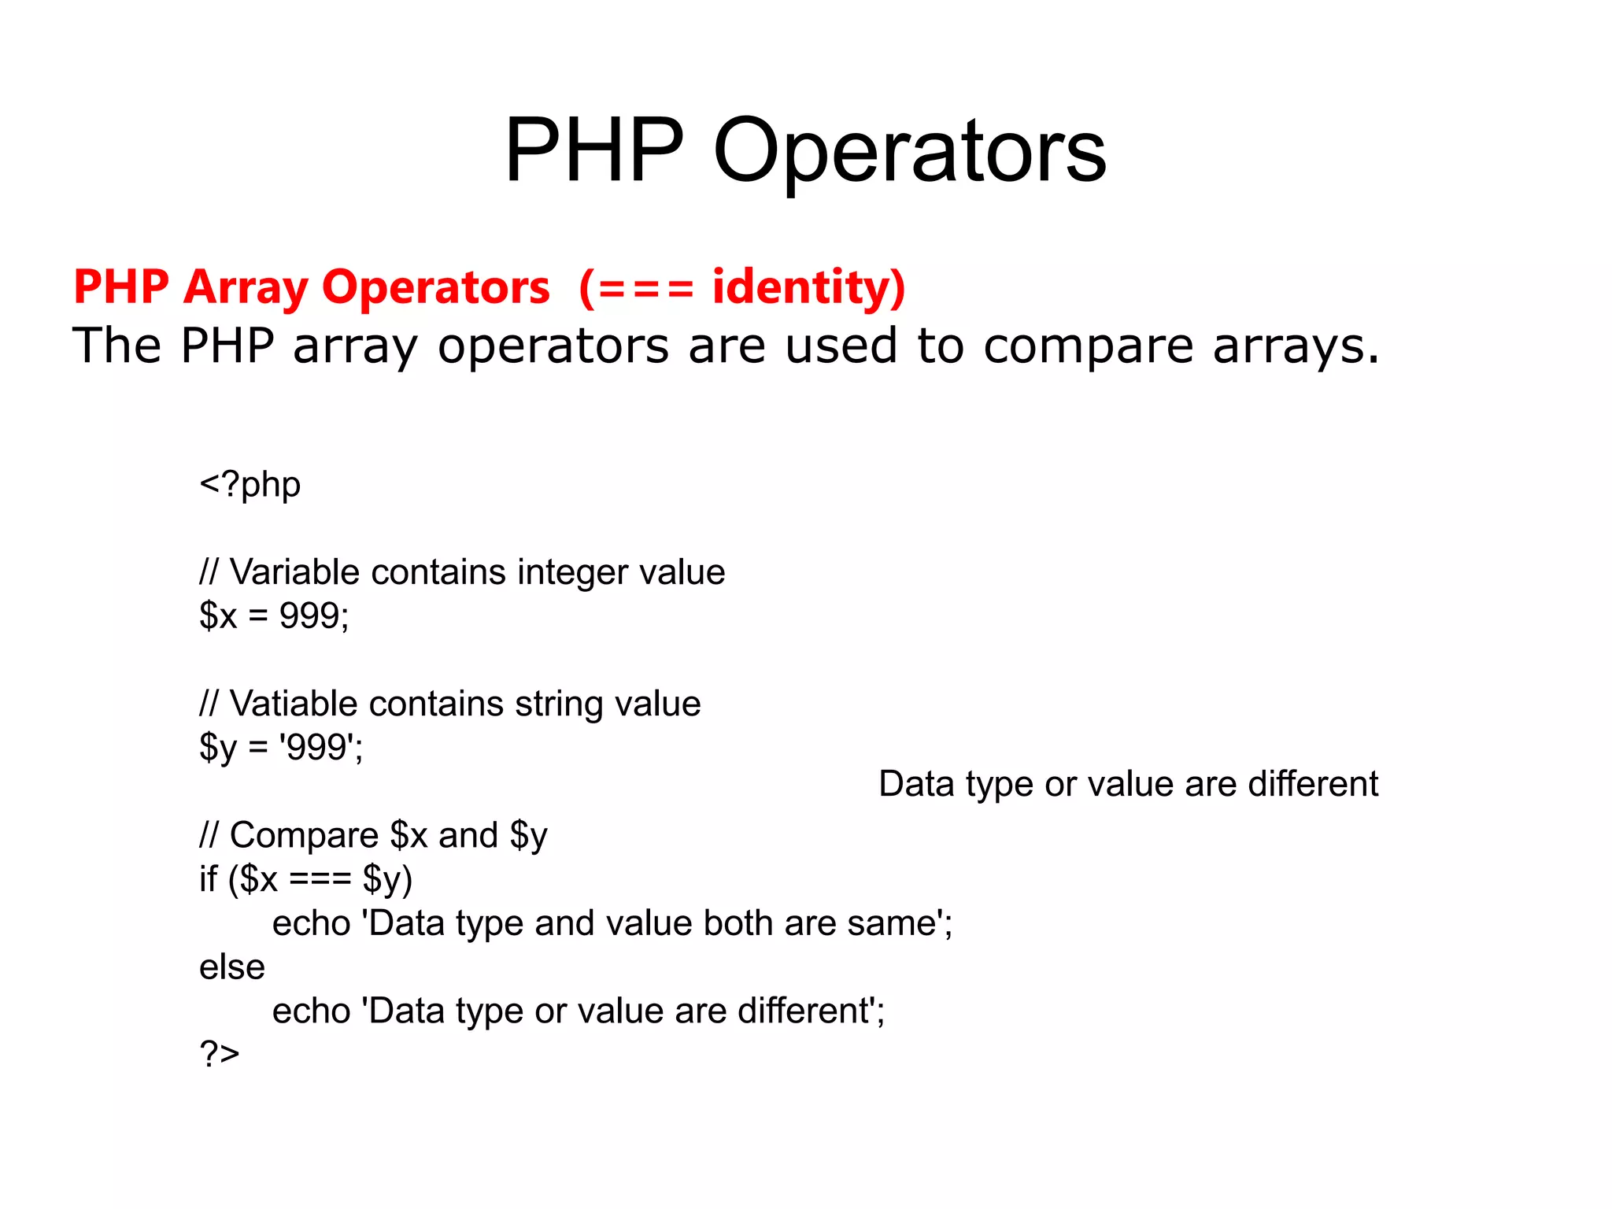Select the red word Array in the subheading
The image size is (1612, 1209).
coord(246,288)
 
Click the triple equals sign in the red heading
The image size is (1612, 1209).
coord(645,288)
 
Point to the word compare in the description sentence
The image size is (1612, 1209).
coord(1088,346)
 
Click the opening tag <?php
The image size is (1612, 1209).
coord(250,485)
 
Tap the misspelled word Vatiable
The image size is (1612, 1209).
coord(292,704)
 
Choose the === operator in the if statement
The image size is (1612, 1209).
coord(320,879)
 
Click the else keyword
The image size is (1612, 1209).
coord(231,967)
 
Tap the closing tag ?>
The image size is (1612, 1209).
coord(219,1054)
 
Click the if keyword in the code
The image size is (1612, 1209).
coord(208,879)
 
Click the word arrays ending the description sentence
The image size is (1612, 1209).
coord(1295,346)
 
